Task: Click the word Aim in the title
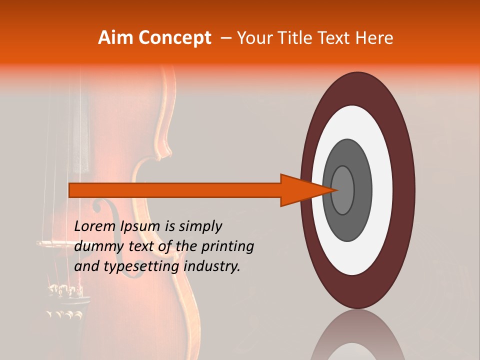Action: point(115,37)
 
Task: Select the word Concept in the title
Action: point(174,38)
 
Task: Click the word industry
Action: point(212,266)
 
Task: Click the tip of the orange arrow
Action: point(336,190)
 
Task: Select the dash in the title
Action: point(226,38)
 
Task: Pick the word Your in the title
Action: point(254,37)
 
